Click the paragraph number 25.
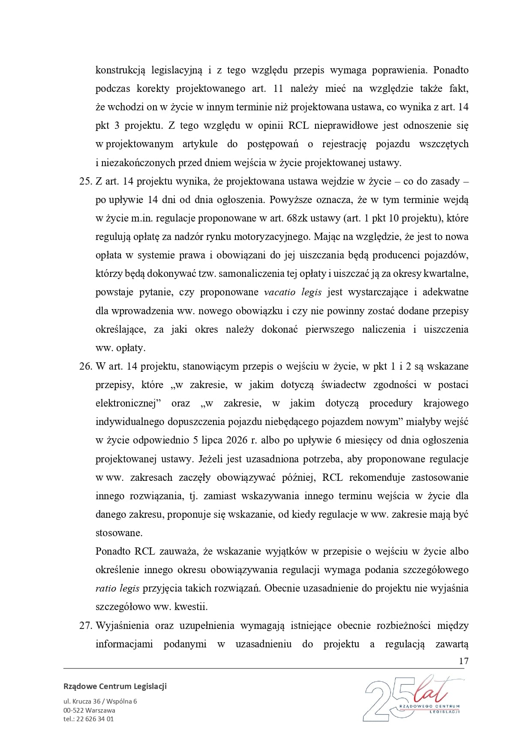85,181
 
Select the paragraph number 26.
85,366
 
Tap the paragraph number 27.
85,625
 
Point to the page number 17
463,661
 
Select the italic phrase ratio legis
117,589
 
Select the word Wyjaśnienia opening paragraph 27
122,625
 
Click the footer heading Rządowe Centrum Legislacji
115,686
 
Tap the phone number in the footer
88,719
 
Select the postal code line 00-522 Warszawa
89,710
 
